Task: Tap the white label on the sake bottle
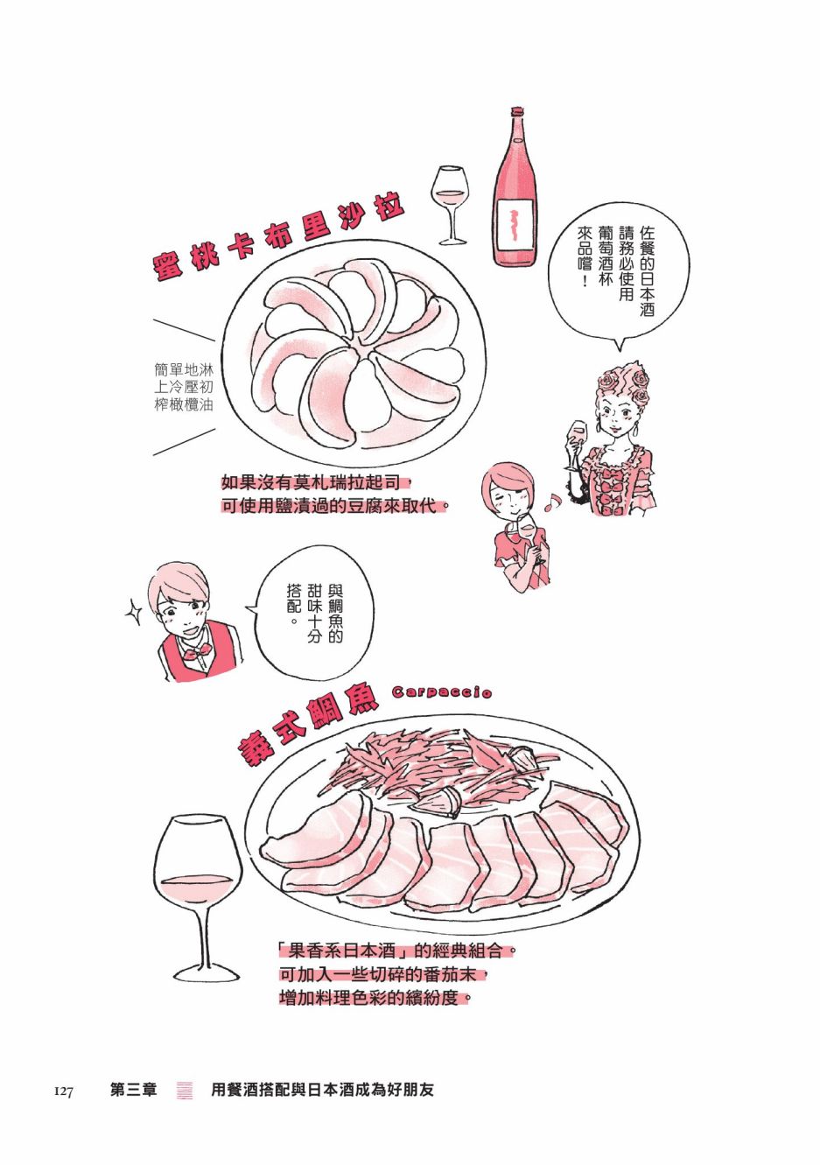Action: pos(515,227)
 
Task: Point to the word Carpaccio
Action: pos(442,691)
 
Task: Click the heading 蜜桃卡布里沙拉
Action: pos(279,238)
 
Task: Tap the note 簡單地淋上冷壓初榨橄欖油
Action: pos(184,387)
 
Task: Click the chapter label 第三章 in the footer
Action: pos(134,1089)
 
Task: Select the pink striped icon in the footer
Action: pos(185,1090)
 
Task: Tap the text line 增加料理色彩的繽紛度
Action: pos(375,998)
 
